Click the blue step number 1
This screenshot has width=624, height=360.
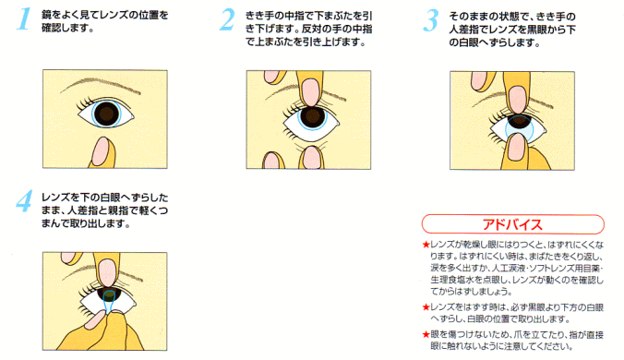(24, 18)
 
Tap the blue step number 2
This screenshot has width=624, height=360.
(227, 19)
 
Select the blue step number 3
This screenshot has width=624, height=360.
(431, 20)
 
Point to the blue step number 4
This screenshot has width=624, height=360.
(24, 201)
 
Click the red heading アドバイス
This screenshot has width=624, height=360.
(512, 224)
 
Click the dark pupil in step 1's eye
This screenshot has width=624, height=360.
(107, 114)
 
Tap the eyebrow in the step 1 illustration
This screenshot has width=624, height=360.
(101, 85)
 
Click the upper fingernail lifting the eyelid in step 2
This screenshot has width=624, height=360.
(310, 92)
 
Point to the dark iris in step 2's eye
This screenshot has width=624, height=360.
(313, 116)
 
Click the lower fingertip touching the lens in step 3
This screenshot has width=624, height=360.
(516, 147)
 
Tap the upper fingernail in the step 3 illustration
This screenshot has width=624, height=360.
(517, 100)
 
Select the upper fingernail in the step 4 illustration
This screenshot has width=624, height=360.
(107, 272)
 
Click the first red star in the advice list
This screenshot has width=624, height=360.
(426, 245)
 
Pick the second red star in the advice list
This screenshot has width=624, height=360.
(426, 307)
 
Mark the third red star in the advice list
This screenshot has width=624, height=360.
(426, 334)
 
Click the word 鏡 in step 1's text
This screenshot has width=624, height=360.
(47, 15)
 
